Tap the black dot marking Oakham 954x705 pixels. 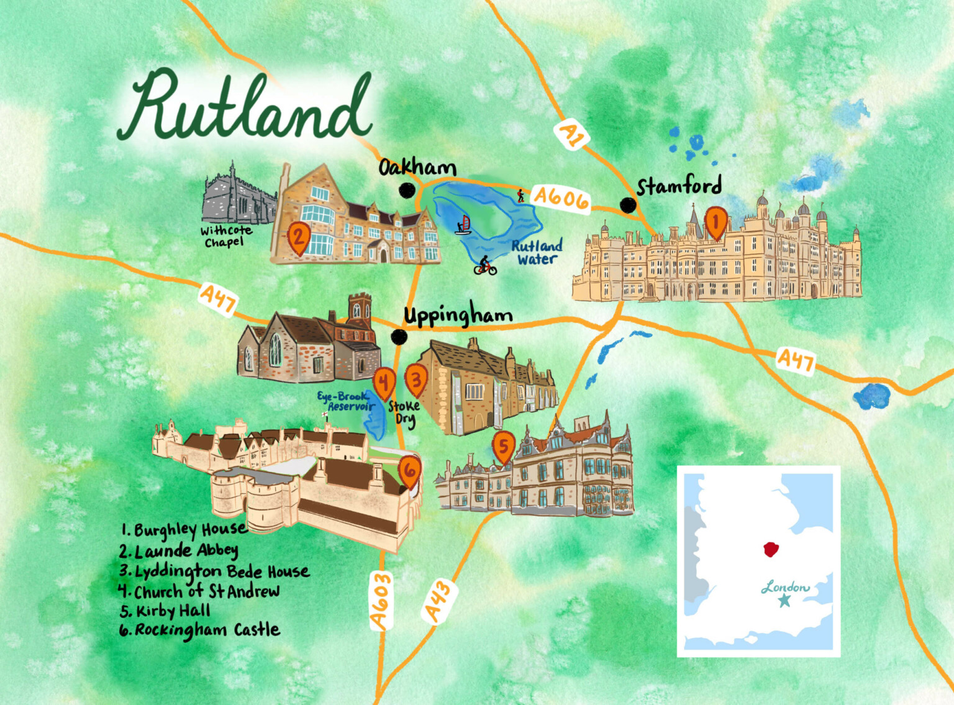point(407,190)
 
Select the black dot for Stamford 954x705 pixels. point(628,205)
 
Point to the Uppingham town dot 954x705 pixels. point(399,337)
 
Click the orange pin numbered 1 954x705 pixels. point(715,222)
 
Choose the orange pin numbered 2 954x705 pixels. point(299,237)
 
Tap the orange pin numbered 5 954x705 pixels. point(503,446)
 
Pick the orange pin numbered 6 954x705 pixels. point(410,470)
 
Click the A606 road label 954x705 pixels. point(561,198)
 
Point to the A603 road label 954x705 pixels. point(381,600)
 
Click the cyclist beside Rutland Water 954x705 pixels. point(485,266)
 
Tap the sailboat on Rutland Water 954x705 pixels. point(463,225)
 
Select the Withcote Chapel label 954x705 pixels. point(226,236)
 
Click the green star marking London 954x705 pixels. point(784,600)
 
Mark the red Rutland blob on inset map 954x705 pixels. point(770,549)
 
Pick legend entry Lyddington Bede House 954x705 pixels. point(214,571)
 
